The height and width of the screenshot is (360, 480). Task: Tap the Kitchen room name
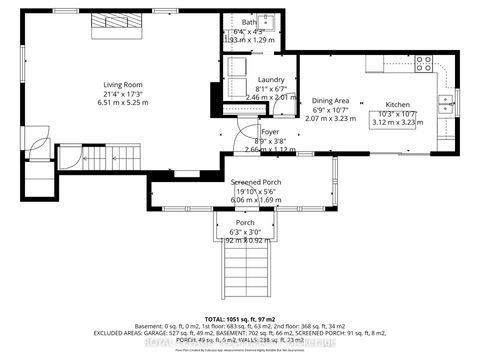398,105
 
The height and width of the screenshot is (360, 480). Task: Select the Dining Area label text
331,100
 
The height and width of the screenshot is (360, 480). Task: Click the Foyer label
270,131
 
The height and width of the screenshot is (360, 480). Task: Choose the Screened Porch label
254,181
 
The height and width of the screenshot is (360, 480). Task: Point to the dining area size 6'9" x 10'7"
331,110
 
